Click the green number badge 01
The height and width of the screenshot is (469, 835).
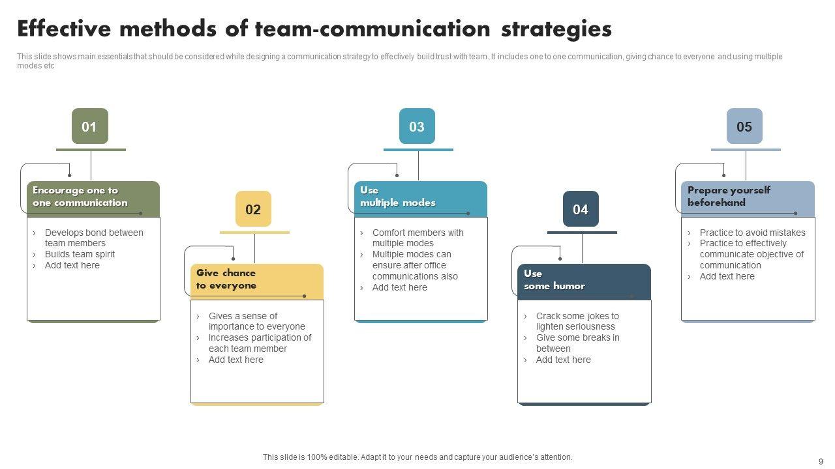click(89, 126)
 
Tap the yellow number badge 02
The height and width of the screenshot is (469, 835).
click(253, 209)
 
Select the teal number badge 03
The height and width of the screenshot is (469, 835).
click(417, 126)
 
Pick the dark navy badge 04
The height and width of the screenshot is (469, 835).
click(581, 209)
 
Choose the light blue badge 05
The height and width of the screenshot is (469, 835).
click(744, 126)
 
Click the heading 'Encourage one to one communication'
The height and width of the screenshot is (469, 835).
click(80, 197)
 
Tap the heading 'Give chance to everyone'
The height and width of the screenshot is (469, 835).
click(226, 279)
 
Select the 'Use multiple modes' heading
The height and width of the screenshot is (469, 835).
click(398, 197)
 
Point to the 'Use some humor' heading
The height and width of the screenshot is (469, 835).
click(554, 279)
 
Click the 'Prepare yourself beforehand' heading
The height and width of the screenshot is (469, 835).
click(729, 197)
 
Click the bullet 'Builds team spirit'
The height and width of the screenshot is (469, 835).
click(80, 255)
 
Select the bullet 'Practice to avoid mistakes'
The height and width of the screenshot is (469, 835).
click(752, 233)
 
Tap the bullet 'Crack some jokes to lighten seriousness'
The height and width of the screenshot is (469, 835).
click(577, 321)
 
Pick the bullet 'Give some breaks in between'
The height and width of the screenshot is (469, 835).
click(577, 343)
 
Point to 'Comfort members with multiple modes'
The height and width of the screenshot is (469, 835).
click(417, 238)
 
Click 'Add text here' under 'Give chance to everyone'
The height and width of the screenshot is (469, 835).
click(235, 360)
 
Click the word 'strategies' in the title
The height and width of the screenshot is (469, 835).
click(556, 29)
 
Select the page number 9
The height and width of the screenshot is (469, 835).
click(821, 461)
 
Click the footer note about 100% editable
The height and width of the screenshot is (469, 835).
click(417, 457)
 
